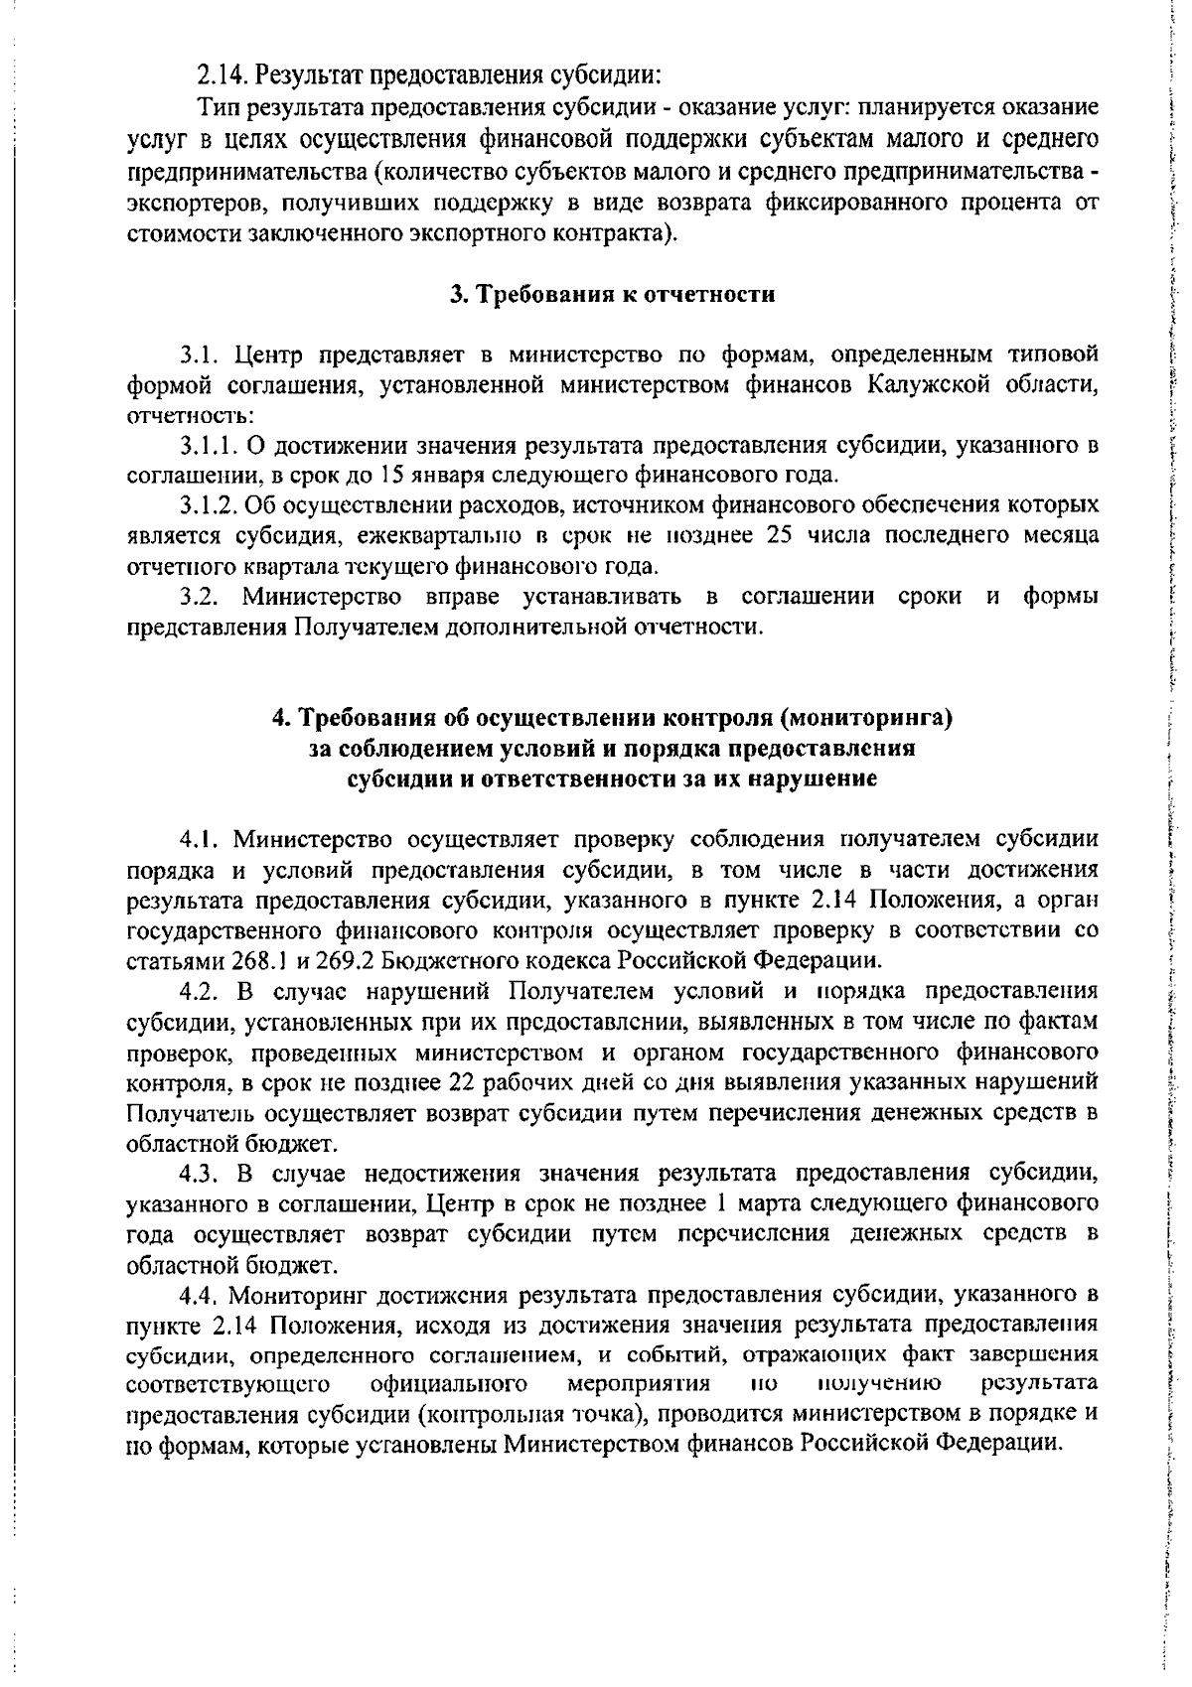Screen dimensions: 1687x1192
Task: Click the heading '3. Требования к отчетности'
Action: point(612,295)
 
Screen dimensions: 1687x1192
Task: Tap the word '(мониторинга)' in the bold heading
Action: point(872,717)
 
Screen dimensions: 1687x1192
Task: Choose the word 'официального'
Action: point(443,1384)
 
